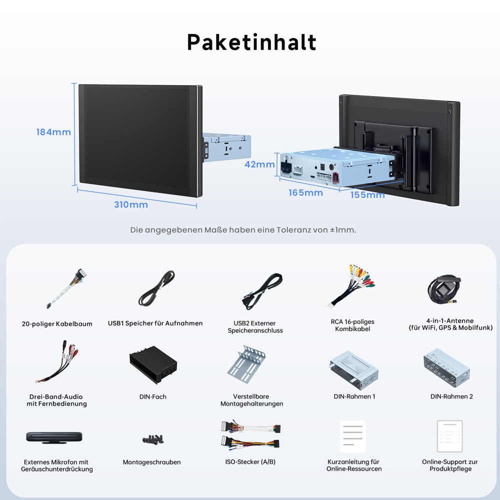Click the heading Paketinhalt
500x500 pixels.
tap(251, 42)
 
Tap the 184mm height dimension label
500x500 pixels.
tap(53, 132)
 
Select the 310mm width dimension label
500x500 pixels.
tap(131, 204)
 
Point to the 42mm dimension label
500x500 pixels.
tap(259, 164)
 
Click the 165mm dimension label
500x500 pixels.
tap(306, 192)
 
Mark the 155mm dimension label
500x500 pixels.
tap(367, 194)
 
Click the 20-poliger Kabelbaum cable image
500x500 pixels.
tap(66, 288)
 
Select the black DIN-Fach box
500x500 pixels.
tap(153, 365)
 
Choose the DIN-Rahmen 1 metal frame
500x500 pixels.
tap(354, 370)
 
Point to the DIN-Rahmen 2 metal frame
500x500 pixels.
tap(447, 368)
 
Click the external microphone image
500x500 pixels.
tap(54, 437)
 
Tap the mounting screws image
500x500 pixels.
tap(152, 439)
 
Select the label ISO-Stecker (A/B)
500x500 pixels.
tap(250, 461)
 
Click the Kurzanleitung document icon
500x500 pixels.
tap(352, 436)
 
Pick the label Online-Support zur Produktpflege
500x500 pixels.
tap(450, 465)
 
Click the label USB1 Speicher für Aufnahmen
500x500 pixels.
tap(155, 323)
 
